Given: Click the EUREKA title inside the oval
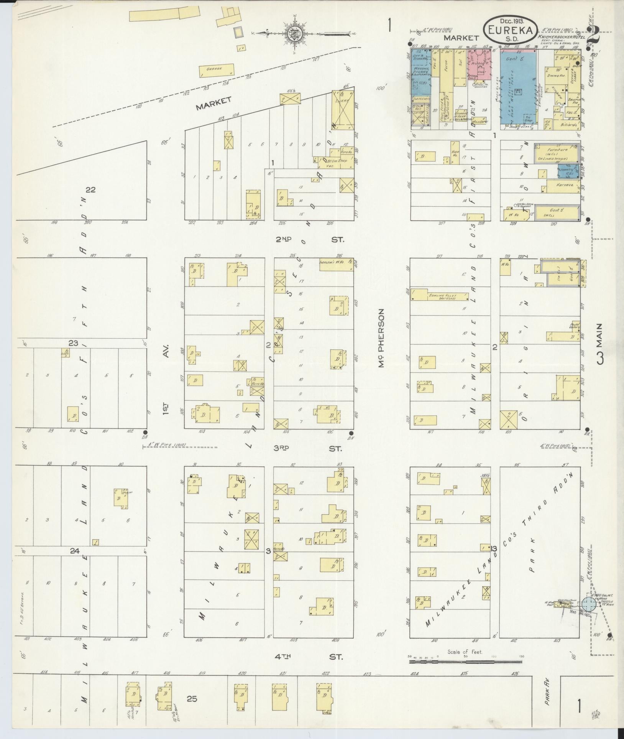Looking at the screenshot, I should pyautogui.click(x=510, y=30).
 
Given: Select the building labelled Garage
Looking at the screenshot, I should pyautogui.click(x=217, y=70).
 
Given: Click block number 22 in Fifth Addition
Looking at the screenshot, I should pyautogui.click(x=90, y=189).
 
